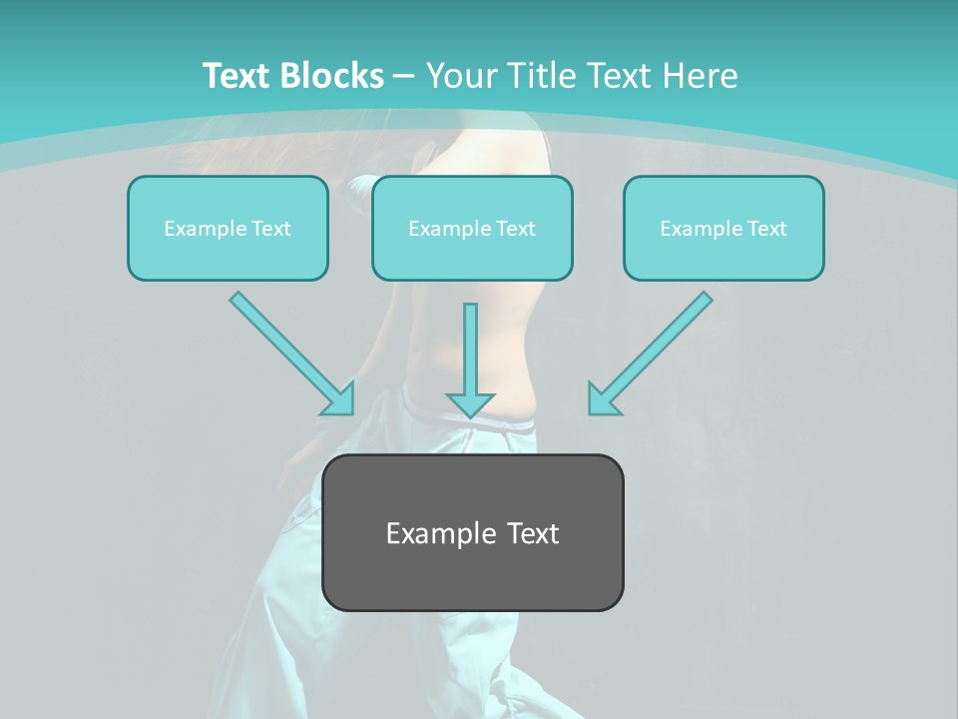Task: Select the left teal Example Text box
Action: pyautogui.click(x=228, y=229)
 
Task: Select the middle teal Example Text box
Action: pyautogui.click(x=472, y=229)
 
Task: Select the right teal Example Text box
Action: pyautogui.click(x=723, y=229)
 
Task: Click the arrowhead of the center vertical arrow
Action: pyautogui.click(x=470, y=405)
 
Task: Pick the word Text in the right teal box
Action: pyautogui.click(x=766, y=229)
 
